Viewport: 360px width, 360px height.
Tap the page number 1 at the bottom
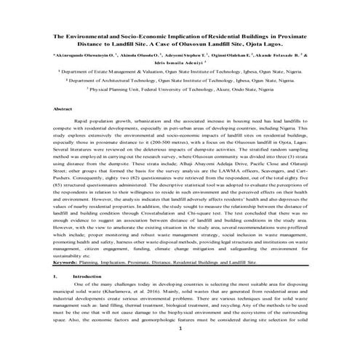179,348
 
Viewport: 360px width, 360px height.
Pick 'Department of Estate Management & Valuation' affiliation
119,73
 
